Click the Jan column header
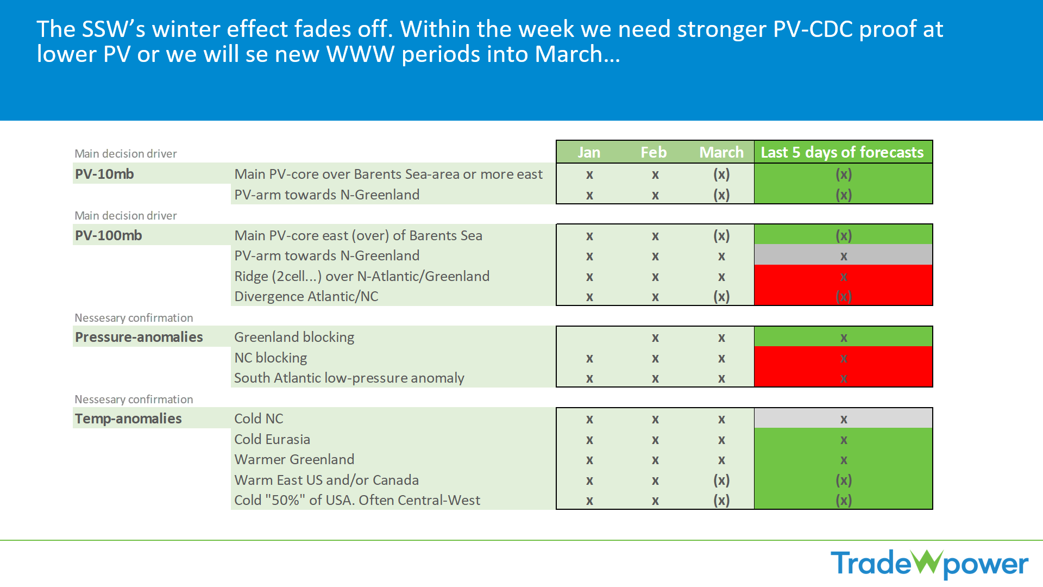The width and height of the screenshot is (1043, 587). tap(589, 152)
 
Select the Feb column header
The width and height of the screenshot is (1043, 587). tap(654, 152)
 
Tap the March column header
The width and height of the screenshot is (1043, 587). tap(721, 152)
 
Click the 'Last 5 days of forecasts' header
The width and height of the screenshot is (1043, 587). tap(842, 152)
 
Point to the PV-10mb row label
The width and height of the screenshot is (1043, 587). tap(104, 174)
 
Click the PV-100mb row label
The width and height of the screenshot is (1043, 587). tap(109, 235)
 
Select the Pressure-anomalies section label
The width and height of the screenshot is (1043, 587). tap(139, 337)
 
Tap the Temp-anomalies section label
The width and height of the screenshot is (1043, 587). tap(128, 419)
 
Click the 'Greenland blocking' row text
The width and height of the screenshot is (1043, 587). tap(294, 337)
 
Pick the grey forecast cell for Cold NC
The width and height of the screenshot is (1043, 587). tap(843, 419)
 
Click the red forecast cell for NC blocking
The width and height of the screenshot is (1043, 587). tap(843, 358)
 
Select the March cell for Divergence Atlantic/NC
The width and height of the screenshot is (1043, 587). tap(721, 296)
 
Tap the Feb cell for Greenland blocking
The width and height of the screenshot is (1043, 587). tap(655, 338)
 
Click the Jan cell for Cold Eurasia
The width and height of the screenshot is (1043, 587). tap(589, 440)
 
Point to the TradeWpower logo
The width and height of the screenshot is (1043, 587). tap(929, 564)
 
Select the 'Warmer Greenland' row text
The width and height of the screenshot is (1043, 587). tap(294, 459)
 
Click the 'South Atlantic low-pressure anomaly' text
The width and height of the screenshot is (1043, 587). tap(349, 378)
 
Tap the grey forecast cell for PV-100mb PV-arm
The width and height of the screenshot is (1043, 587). tap(843, 255)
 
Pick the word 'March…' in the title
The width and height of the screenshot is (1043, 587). tap(577, 54)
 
